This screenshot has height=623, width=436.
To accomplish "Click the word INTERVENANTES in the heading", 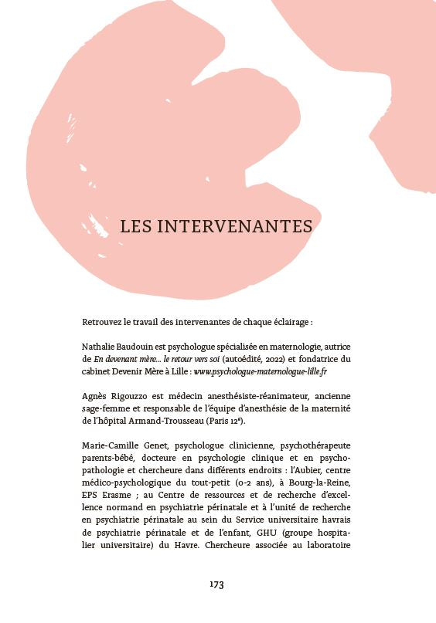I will (235, 226).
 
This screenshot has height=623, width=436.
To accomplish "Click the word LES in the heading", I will (136, 226).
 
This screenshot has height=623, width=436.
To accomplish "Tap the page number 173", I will (216, 584).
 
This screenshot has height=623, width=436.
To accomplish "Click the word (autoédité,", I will (222, 359).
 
